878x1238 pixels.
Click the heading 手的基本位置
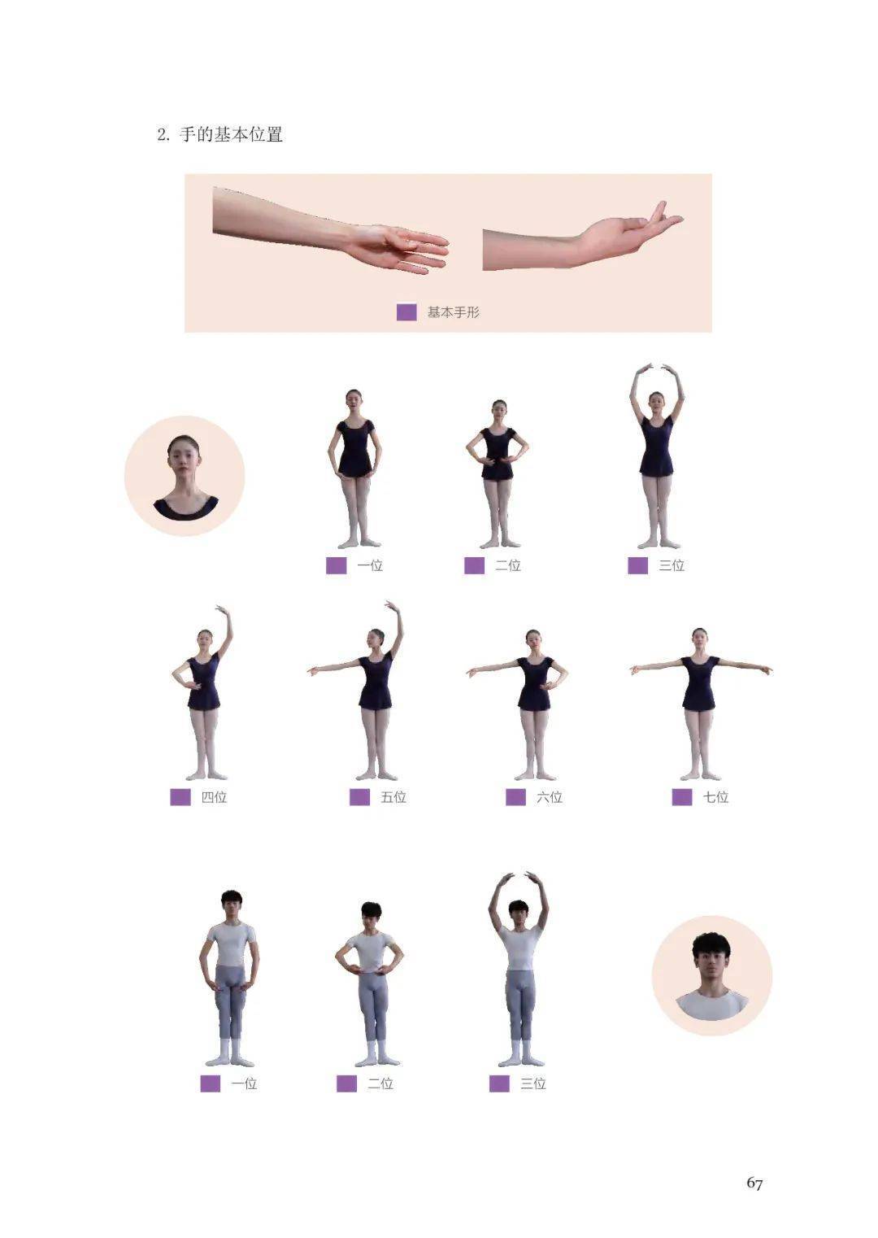coord(231,134)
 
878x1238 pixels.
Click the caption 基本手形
coord(453,312)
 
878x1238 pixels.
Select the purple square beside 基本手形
coord(406,312)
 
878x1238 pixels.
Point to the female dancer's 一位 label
coord(370,565)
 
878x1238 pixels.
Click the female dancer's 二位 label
coord(508,565)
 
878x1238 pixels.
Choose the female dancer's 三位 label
coord(672,565)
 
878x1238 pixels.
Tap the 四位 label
coord(214,797)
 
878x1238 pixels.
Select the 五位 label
coord(393,797)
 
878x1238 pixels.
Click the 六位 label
coord(550,797)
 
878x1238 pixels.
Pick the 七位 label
coord(715,797)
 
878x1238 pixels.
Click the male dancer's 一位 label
coord(244,1083)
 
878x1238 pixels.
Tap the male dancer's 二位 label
coord(380,1083)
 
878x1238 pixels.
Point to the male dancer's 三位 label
coord(533,1083)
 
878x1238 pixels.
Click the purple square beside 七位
coord(682,797)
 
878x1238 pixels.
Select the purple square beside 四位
coord(180,797)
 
